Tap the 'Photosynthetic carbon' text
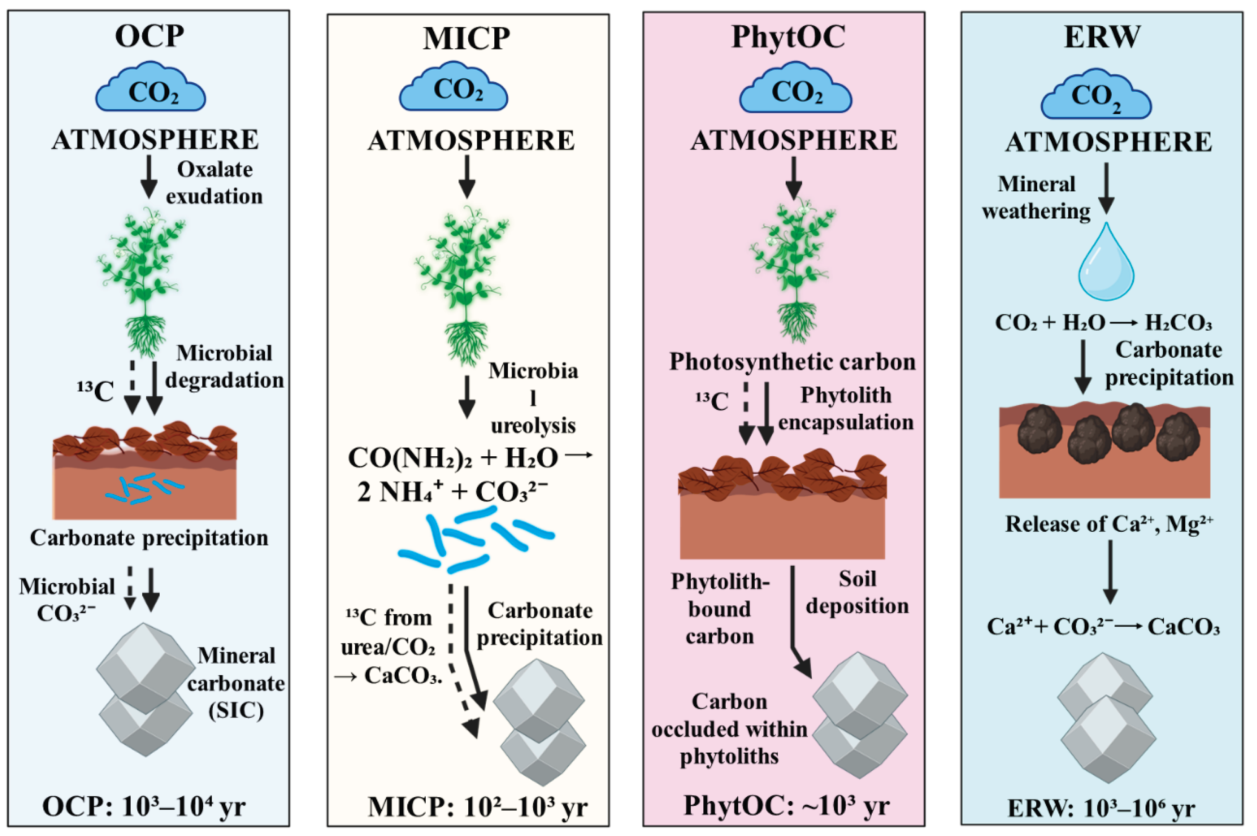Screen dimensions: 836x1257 tap(792, 362)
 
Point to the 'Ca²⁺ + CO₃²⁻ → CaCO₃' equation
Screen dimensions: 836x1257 tap(1103, 627)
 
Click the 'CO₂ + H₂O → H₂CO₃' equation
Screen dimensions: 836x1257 tap(1103, 323)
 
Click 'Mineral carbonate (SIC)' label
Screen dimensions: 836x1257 tap(236, 683)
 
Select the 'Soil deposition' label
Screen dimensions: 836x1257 tap(857, 592)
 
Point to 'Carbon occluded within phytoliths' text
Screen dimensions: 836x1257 tap(729, 729)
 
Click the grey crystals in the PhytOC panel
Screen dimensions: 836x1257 tap(859, 714)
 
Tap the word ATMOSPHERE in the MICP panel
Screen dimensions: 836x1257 tap(471, 141)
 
